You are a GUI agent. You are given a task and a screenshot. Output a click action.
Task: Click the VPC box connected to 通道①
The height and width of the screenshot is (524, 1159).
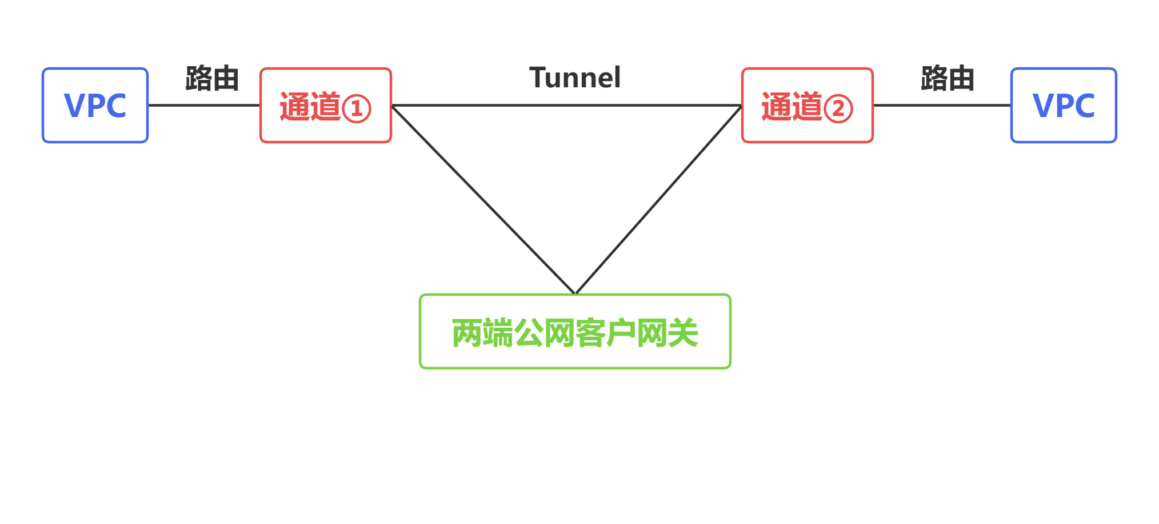[x=95, y=106]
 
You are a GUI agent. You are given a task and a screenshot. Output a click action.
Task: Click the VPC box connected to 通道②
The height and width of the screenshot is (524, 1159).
[x=1063, y=106]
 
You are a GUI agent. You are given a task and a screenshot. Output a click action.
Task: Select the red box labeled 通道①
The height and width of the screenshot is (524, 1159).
[x=325, y=106]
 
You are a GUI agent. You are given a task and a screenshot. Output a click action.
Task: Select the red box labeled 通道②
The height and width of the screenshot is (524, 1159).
[x=807, y=106]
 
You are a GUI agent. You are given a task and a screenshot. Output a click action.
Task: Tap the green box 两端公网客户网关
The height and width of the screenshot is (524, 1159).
[x=575, y=332]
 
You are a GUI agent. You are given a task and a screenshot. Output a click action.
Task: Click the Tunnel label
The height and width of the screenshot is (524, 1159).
[x=575, y=78]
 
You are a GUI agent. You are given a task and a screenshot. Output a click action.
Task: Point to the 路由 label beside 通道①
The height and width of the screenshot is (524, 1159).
[x=212, y=78]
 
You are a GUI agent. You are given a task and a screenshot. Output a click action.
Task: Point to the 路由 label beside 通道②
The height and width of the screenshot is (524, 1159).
[x=948, y=78]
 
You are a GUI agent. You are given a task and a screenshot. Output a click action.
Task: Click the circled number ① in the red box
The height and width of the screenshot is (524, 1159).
[x=357, y=108]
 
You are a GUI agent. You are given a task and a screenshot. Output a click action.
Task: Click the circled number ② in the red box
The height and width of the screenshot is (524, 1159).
[x=838, y=108]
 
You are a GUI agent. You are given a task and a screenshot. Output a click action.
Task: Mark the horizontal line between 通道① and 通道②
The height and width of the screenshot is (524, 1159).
[x=566, y=105]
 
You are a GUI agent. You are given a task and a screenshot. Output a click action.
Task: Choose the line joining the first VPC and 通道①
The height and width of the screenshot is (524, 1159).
[x=204, y=105]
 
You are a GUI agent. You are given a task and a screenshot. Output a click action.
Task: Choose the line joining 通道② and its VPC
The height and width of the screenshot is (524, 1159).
[x=942, y=105]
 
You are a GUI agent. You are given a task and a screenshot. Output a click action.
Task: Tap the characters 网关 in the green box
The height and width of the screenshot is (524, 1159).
[x=668, y=333]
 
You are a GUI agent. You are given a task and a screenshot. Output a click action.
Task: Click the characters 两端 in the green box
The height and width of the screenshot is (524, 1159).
[x=482, y=333]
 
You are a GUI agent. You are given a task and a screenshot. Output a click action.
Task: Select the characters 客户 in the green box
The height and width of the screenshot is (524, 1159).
[x=606, y=333]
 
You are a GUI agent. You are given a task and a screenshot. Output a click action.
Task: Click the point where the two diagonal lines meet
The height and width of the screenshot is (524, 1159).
[x=575, y=293]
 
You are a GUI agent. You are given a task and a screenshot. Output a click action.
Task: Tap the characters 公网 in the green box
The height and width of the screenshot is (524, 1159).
[x=544, y=333]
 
